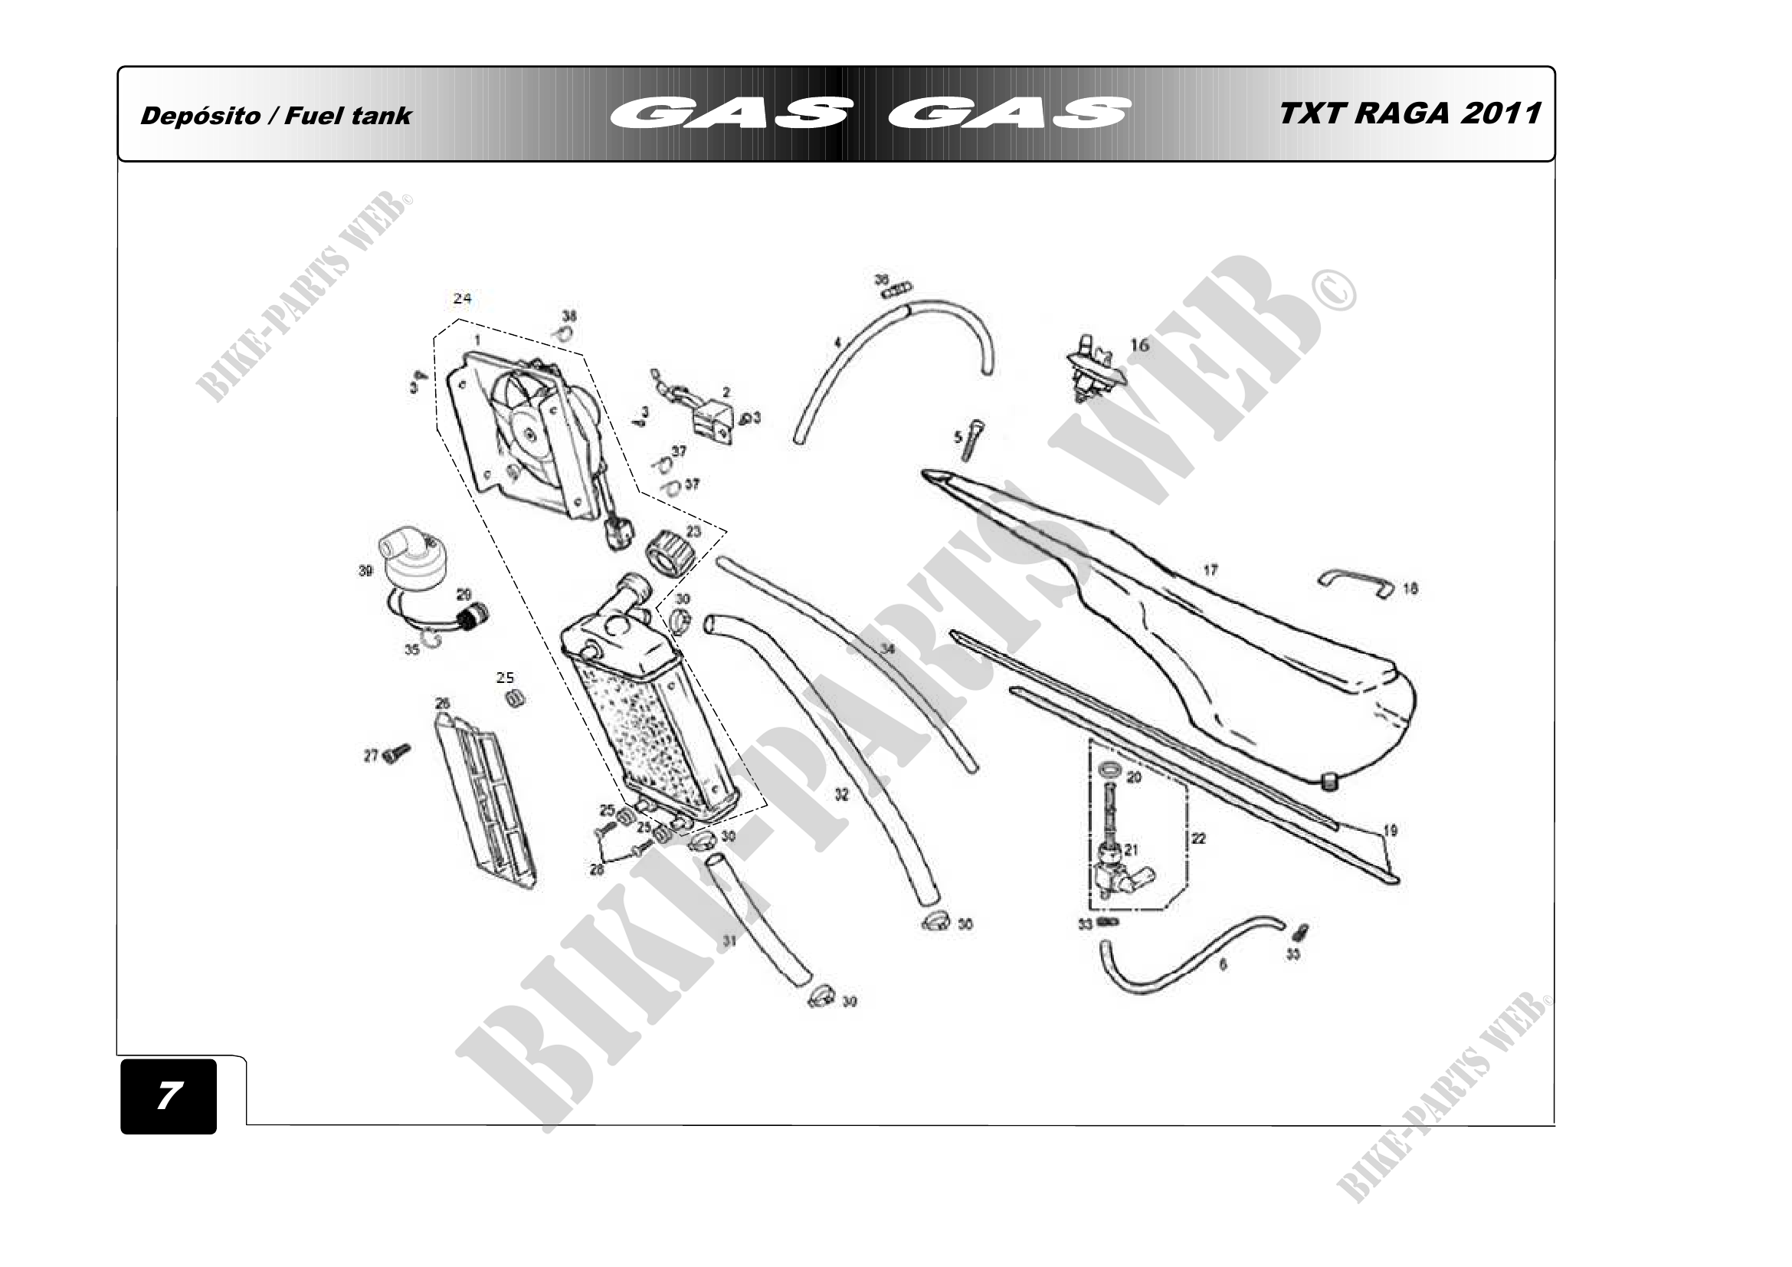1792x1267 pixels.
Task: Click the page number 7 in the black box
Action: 169,1095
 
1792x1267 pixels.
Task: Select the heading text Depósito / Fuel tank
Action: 276,116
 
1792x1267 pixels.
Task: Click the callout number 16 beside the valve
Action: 1139,345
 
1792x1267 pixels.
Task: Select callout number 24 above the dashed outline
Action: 462,298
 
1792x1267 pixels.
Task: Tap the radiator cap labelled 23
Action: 669,551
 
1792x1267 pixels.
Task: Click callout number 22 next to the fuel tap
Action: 1198,839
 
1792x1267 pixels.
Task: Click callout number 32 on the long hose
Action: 841,795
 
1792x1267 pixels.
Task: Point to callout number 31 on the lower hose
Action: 729,940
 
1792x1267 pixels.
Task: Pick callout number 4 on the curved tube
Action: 837,342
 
